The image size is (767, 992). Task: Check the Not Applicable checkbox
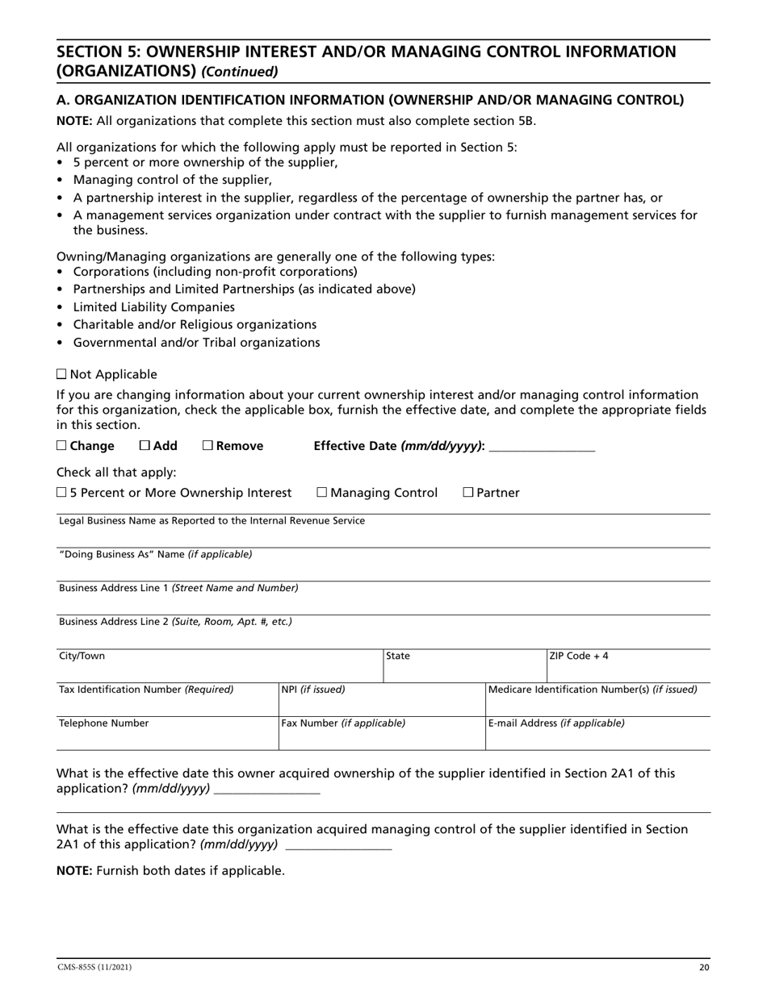(x=62, y=374)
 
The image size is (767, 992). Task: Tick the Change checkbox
(x=62, y=446)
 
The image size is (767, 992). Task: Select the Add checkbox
(x=145, y=446)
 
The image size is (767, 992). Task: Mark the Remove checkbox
(x=207, y=446)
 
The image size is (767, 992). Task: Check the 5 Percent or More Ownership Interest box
(x=62, y=493)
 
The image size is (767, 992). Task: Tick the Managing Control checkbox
(x=322, y=493)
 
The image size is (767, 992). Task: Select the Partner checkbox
(x=468, y=493)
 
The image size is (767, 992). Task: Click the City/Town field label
(x=82, y=656)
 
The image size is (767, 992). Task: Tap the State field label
(x=398, y=656)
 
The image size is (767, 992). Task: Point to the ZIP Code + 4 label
(x=579, y=656)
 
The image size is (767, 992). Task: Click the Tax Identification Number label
(x=146, y=690)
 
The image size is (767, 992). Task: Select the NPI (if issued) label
(x=313, y=690)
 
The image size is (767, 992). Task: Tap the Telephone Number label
(x=104, y=723)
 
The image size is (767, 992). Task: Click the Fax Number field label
(x=343, y=723)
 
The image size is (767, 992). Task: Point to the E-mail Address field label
(x=556, y=723)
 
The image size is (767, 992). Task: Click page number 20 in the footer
(x=704, y=967)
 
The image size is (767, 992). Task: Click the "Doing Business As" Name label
(x=156, y=554)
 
